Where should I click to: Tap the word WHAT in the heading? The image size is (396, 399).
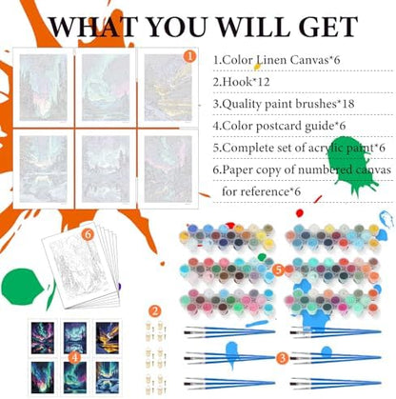pyautogui.click(x=93, y=27)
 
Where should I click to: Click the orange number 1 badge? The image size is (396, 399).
pyautogui.click(x=189, y=56)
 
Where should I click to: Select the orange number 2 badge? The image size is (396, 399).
pyautogui.click(x=155, y=311)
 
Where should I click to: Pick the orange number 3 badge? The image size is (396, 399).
pyautogui.click(x=282, y=358)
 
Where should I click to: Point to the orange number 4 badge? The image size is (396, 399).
pyautogui.click(x=74, y=358)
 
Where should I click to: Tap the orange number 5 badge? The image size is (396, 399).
pyautogui.click(x=278, y=270)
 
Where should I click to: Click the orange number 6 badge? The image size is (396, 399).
pyautogui.click(x=88, y=234)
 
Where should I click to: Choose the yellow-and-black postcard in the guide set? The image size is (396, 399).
pyautogui.click(x=108, y=338)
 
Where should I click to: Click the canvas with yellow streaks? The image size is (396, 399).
pyautogui.click(x=168, y=88)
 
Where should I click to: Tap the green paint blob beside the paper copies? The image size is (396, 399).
pyautogui.click(x=22, y=287)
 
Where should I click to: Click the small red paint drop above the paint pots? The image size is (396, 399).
pyautogui.click(x=299, y=212)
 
